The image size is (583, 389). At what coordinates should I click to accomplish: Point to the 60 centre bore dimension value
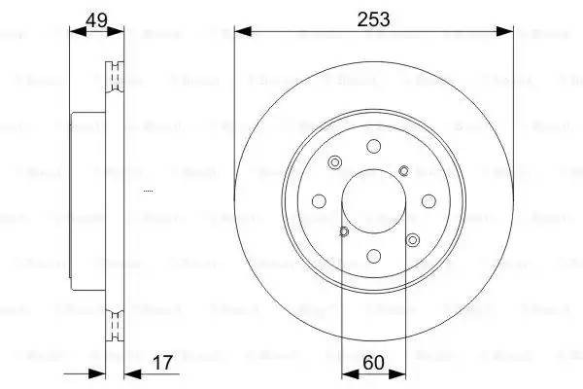(374, 362)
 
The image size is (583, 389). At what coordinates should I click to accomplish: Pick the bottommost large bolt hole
(374, 258)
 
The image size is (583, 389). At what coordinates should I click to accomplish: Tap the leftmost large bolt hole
(320, 201)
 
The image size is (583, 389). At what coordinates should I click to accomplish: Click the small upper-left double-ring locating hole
(335, 162)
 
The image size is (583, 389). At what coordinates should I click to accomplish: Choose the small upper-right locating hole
(403, 171)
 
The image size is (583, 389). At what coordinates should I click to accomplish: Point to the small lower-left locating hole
(344, 231)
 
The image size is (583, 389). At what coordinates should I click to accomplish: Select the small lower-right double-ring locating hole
(413, 239)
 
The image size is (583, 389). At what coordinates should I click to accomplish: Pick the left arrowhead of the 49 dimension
(77, 32)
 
